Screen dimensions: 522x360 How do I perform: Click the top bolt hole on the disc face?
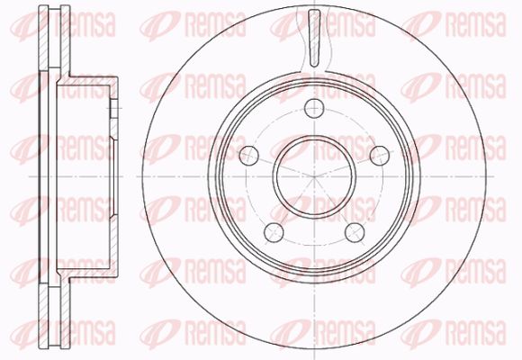(314, 108)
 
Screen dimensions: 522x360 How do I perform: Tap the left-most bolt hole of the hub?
(248, 155)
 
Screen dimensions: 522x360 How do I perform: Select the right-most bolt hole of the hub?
(380, 155)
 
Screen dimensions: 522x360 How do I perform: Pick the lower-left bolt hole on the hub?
(274, 232)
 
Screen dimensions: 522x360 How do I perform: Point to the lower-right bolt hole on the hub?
(355, 232)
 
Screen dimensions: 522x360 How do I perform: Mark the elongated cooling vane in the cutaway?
(314, 38)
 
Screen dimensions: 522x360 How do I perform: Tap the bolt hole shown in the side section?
(113, 109)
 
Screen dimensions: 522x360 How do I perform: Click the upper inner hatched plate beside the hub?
(65, 40)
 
